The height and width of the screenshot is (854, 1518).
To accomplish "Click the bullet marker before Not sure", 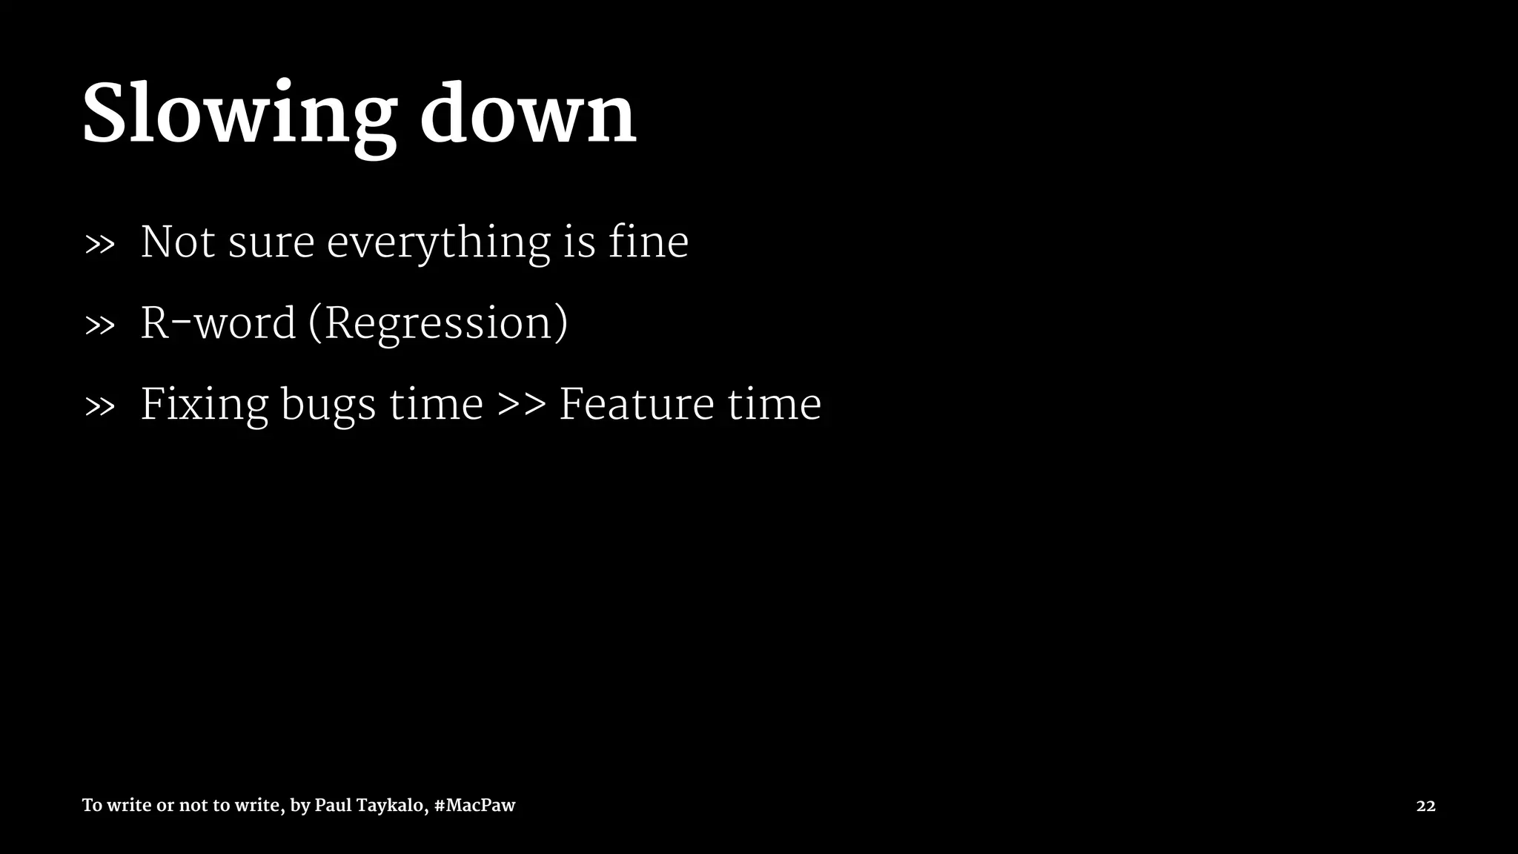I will (x=100, y=244).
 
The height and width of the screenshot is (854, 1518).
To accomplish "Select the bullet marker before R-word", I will (x=100, y=325).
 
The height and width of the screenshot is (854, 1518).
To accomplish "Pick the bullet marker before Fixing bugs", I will (x=100, y=406).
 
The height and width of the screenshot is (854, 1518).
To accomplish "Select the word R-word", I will (x=218, y=323).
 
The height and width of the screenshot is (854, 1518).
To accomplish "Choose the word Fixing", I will (x=204, y=405).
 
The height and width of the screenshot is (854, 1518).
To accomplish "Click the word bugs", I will (x=328, y=406).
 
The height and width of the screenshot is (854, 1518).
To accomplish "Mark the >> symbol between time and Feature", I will (x=521, y=405).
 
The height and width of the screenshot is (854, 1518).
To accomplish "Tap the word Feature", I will (x=636, y=404).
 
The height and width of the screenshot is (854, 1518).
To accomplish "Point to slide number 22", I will (x=1425, y=806).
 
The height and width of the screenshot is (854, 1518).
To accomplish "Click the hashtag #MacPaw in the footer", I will (x=474, y=805).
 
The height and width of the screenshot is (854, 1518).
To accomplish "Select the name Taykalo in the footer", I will (x=393, y=806).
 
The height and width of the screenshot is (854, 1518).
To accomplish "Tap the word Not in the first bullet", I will (x=178, y=242).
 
